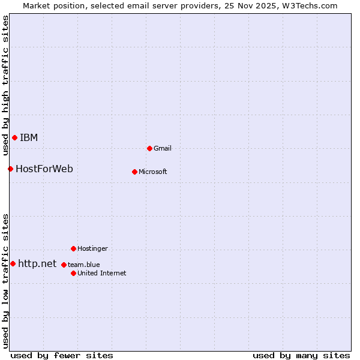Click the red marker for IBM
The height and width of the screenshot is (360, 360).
point(14,138)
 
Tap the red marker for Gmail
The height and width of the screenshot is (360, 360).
point(149,148)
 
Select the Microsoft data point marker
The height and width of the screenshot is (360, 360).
point(134,172)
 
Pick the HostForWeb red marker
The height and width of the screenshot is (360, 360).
point(10,169)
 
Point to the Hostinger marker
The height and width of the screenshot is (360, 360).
point(73,248)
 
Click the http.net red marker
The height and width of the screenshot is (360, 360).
point(13,263)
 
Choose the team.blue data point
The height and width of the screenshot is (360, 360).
point(64,265)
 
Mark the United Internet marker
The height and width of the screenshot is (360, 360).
point(73,273)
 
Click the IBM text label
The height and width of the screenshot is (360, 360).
point(29,138)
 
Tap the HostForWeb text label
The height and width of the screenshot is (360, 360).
point(44,169)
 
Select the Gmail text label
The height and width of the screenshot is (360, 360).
point(163,148)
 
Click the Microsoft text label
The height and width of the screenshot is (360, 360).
point(153,172)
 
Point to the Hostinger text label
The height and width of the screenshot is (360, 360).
point(92,248)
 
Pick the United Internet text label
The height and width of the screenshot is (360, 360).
point(102,273)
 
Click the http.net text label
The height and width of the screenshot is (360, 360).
point(37,263)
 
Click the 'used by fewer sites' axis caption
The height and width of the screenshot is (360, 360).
point(62,355)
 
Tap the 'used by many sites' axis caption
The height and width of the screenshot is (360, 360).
point(301,355)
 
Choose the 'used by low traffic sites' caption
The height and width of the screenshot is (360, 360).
point(5,281)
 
